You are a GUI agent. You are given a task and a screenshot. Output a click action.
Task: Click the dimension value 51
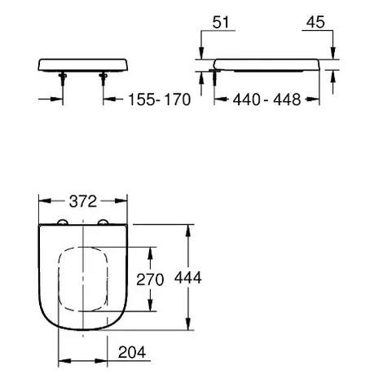pos(221,22)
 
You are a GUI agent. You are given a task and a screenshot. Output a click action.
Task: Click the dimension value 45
pos(315,22)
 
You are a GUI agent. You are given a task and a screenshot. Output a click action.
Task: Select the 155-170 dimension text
pos(160,99)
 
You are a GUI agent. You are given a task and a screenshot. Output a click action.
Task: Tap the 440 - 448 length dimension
pos(266,99)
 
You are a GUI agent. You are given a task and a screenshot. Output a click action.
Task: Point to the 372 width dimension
pos(83,201)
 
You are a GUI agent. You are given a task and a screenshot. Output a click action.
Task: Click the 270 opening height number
pos(150,280)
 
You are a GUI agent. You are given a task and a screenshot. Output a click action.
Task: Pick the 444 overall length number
pos(188,278)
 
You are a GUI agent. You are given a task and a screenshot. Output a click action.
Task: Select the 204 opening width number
pos(132,352)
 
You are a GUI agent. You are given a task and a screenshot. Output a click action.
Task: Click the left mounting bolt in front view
pos(63,78)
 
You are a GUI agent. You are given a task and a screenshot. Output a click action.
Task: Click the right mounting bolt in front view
pos(103,78)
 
